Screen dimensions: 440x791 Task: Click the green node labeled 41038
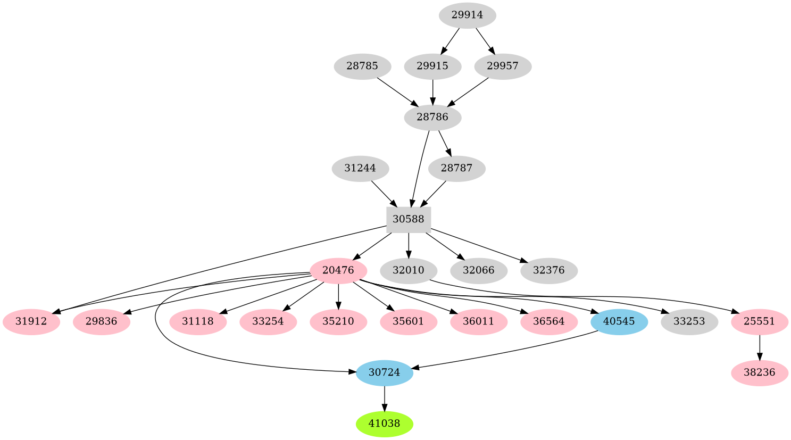coord(384,424)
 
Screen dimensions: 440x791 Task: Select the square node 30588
coord(408,219)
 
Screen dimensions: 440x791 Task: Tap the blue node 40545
coord(619,321)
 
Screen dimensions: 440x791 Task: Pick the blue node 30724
coord(384,372)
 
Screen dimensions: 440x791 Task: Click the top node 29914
coord(467,15)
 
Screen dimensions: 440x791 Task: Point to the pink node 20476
coord(338,270)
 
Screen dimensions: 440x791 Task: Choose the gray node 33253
coord(689,321)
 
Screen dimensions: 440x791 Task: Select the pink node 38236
coord(759,372)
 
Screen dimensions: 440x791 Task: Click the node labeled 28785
coord(362,67)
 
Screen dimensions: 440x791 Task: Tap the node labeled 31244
coord(360,169)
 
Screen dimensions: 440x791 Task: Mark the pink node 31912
coord(31,321)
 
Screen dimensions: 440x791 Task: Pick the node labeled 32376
coord(548,270)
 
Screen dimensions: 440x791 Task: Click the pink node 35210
coord(338,321)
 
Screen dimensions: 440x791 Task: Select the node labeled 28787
coord(456,169)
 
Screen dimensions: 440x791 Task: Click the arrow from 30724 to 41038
coord(384,399)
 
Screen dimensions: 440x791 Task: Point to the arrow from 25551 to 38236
coord(759,347)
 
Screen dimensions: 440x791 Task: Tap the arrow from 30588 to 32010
coord(408,245)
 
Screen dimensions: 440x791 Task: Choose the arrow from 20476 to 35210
coord(338,296)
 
